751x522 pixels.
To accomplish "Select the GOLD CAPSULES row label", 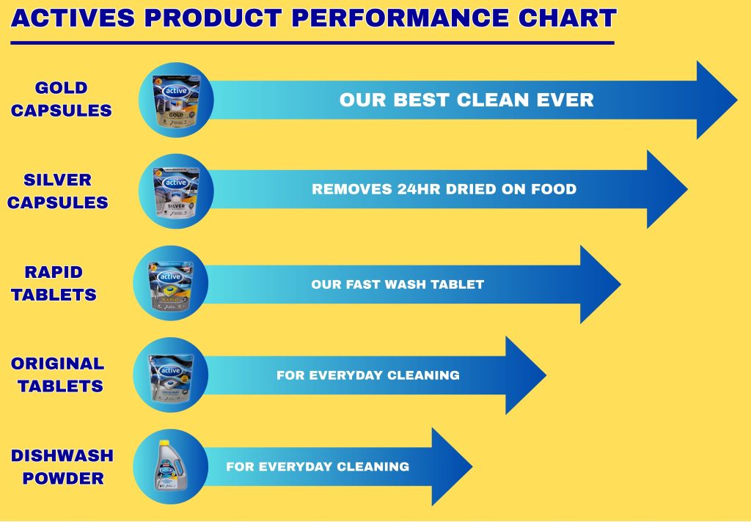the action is pos(62,99).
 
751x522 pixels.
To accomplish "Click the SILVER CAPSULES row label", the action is pos(57,191).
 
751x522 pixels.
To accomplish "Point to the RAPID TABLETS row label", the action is pos(54,283).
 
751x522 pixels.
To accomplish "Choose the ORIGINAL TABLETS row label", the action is pos(57,375).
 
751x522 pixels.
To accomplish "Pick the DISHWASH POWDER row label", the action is pos(62,466).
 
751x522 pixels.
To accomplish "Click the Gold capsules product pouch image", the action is pos(176,100).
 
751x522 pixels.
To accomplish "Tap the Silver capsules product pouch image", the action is pos(176,191).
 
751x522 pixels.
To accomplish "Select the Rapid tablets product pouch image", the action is pos(170,284).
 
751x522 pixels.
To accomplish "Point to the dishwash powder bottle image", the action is pos(169,466).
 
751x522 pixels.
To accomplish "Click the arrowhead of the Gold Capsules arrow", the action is pos(717,100).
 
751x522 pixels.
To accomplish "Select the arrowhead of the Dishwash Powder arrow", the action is pos(452,466).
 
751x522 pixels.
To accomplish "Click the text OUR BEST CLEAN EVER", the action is pos(466,100).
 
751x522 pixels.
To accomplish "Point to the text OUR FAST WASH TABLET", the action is pos(398,284).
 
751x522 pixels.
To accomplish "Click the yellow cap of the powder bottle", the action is pos(164,443).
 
